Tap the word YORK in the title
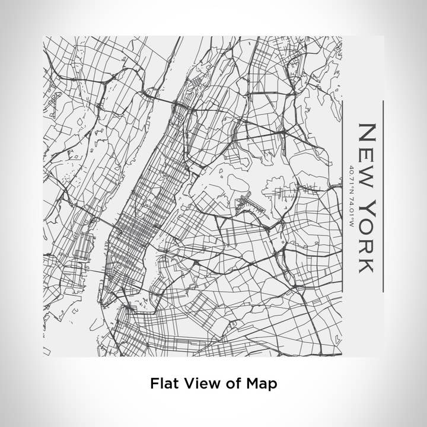[366, 237]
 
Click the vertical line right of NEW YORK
[383, 196]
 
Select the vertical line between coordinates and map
[343, 196]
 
